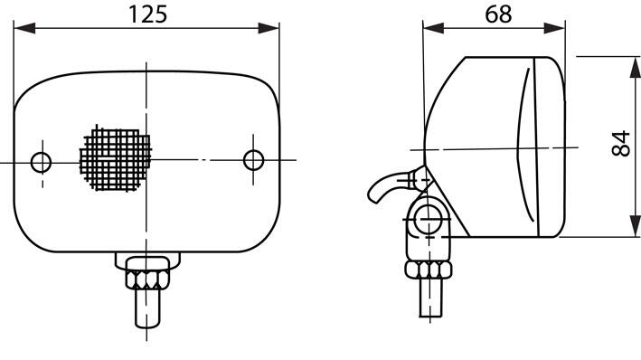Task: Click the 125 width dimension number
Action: (148, 14)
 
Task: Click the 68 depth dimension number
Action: (498, 14)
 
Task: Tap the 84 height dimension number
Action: (621, 143)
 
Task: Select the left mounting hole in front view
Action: (42, 163)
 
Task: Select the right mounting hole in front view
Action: (253, 160)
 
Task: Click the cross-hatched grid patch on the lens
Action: (116, 158)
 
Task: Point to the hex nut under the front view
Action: (147, 279)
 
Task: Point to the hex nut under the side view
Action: (429, 270)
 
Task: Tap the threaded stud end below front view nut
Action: (147, 308)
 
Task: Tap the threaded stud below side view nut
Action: (431, 298)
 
